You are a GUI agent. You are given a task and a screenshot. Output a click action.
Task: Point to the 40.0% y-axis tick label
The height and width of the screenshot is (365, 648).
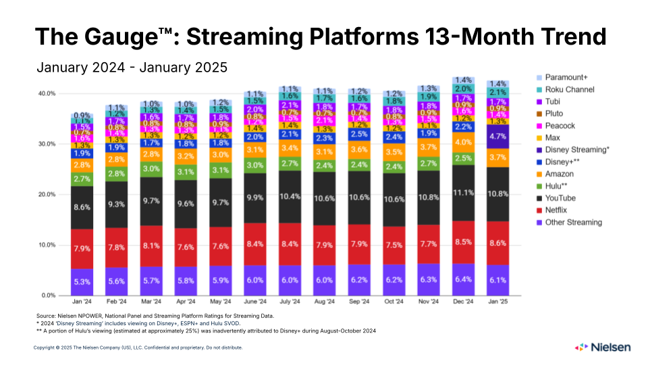pos(46,93)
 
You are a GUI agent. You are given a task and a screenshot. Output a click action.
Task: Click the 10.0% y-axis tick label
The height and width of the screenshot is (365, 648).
pos(46,245)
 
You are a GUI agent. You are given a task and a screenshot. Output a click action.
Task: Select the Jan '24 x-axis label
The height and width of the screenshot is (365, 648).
pos(82,301)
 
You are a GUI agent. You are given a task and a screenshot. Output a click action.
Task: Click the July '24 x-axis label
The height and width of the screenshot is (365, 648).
pos(289,301)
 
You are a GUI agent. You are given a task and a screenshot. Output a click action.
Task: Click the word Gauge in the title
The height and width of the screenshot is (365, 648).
pos(122,36)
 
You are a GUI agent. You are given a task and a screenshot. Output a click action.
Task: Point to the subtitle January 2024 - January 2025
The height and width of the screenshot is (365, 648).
pos(132,68)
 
